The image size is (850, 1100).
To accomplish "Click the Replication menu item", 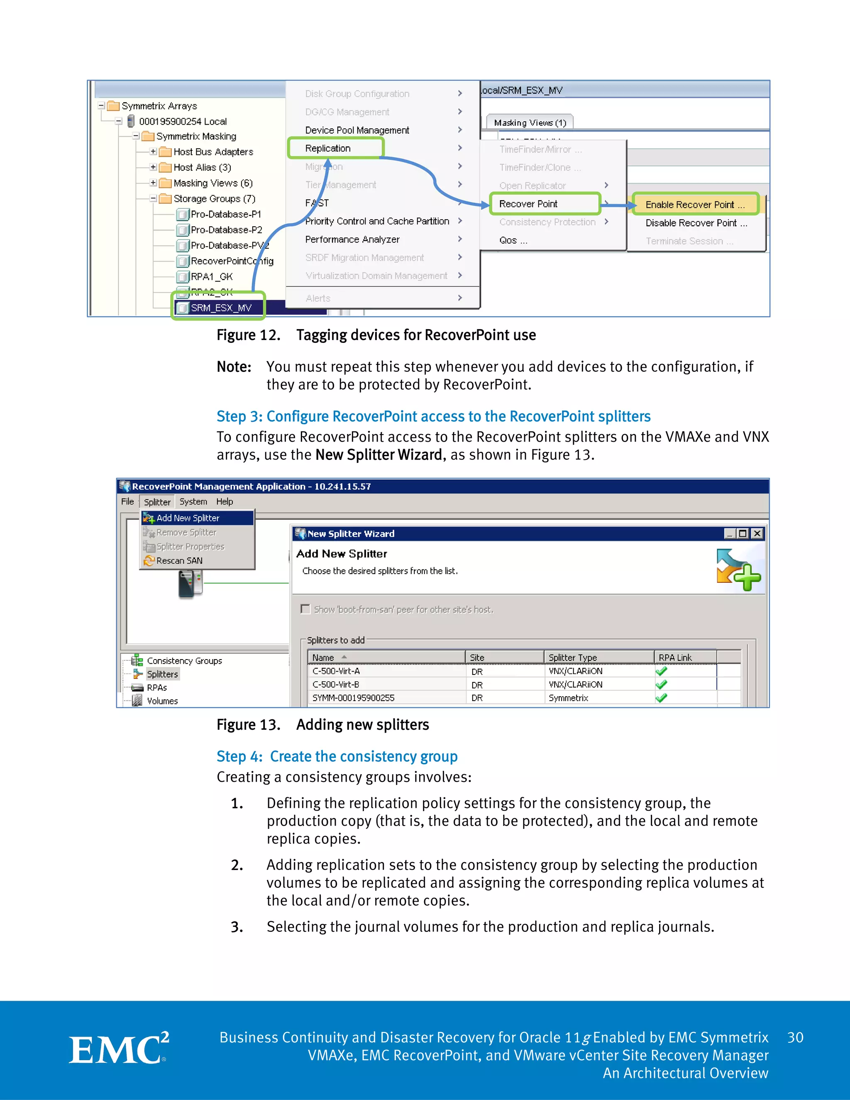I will tap(328, 148).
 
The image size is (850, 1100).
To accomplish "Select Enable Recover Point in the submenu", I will tap(694, 205).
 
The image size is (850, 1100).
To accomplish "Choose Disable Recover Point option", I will tap(696, 222).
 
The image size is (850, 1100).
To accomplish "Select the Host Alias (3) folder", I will tap(202, 167).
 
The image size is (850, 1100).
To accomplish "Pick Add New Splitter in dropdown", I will tap(188, 518).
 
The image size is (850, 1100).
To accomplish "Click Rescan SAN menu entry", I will tap(179, 560).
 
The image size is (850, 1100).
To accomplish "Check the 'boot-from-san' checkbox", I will tap(305, 609).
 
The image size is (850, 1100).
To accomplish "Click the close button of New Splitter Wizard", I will tap(757, 533).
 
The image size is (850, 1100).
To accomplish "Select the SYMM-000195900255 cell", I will tap(354, 698).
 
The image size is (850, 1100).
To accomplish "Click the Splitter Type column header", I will tap(572, 657).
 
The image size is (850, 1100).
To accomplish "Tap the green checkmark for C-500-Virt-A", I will tap(661, 671).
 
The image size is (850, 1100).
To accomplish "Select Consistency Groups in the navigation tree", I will tap(184, 660).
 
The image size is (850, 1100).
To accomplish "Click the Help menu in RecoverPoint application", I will tap(225, 502).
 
